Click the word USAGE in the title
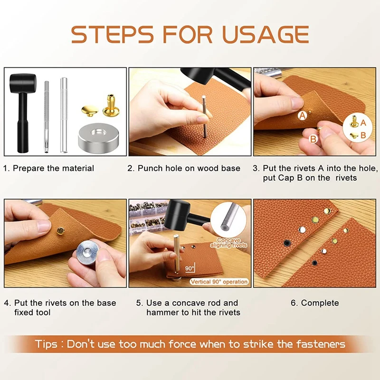(x=266, y=34)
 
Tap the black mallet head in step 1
(x=23, y=83)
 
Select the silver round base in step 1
(x=98, y=138)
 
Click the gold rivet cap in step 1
(x=90, y=111)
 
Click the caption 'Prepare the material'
(x=53, y=168)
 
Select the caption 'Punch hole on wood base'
(x=189, y=168)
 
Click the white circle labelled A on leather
(x=302, y=115)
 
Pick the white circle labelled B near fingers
(x=313, y=139)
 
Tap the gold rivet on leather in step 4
(x=60, y=231)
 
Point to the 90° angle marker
(x=190, y=268)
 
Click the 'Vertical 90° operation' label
(x=219, y=282)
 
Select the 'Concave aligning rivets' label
(x=228, y=243)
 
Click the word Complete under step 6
(x=320, y=303)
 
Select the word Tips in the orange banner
(x=46, y=344)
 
